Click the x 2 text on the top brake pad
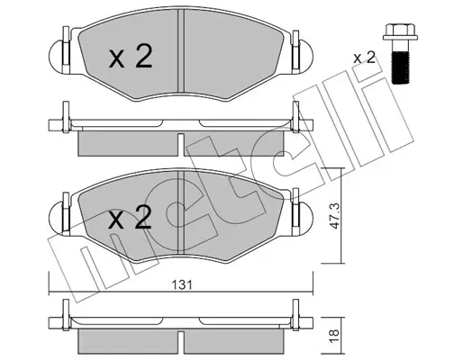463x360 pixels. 130,58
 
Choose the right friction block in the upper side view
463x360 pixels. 236,143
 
